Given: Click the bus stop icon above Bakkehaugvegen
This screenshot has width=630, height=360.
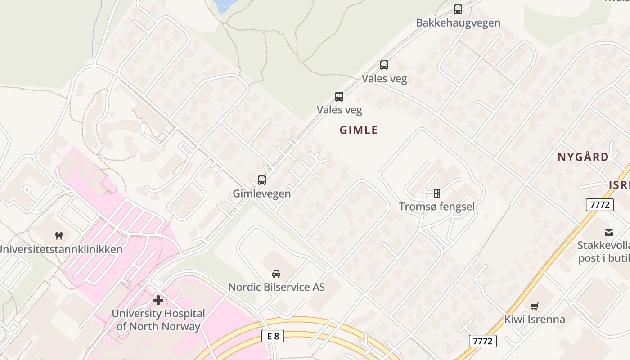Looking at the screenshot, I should (458, 9).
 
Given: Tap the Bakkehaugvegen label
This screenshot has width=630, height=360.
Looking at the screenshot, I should (458, 22).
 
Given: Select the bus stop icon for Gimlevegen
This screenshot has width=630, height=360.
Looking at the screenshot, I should (262, 180).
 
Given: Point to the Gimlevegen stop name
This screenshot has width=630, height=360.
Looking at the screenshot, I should (262, 193).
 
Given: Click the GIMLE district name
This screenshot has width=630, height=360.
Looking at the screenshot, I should (359, 130).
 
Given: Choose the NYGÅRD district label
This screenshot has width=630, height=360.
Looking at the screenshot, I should (583, 157).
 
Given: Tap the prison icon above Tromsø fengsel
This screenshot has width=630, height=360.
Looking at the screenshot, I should (436, 193).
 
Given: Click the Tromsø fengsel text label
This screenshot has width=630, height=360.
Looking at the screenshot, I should (436, 207).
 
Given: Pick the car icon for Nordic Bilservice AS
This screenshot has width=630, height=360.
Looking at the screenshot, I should (276, 274).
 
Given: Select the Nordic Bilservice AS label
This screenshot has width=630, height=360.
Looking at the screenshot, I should (276, 287).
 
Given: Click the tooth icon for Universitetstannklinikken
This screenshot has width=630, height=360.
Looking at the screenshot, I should (58, 236).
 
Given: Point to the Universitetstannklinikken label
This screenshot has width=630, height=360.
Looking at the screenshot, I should (61, 249).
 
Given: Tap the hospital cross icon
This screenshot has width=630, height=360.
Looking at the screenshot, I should (158, 300).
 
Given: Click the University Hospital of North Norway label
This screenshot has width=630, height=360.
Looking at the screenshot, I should (158, 319).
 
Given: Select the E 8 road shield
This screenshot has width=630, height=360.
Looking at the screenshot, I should (273, 336).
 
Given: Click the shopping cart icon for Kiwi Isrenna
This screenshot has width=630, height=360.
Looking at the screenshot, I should (534, 306).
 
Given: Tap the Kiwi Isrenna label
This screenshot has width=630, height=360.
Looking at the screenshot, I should (534, 319).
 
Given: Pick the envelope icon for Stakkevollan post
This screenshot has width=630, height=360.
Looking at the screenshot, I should (609, 232).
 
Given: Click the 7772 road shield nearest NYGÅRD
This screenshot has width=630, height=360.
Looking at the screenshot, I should (600, 205).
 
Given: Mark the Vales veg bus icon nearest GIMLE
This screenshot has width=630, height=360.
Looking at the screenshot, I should (339, 96).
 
